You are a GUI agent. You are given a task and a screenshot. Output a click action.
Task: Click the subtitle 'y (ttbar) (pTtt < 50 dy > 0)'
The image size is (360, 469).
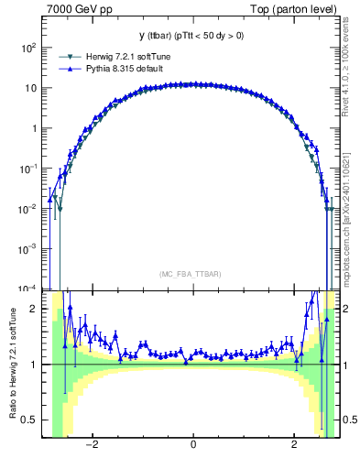192,36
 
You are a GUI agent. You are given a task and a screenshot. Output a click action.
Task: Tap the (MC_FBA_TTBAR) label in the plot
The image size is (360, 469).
192,274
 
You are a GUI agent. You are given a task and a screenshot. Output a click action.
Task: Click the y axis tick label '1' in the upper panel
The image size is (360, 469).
35,128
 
